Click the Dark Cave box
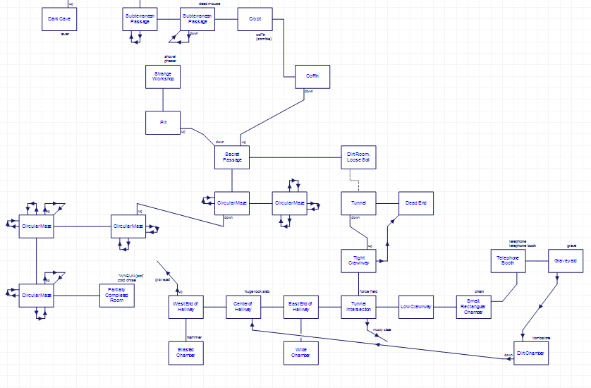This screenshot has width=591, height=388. coord(59,19)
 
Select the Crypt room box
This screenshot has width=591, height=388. coord(255,19)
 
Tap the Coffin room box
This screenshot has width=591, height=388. coord(312,76)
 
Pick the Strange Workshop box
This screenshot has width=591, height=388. coord(163,76)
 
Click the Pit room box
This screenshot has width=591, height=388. coord(163,123)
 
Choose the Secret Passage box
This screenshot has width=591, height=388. coord(233,157)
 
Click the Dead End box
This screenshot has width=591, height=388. coord(416,203)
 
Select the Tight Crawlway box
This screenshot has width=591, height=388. coord(358,260)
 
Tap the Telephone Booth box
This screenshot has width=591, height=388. coord(508,260)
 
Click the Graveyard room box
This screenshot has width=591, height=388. coord(566,260)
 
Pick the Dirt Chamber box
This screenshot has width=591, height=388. coord(531,353)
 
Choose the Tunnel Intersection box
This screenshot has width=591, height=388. coord(358,306)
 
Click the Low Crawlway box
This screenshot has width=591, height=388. coord(416,306)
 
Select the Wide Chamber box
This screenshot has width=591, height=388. coord(301,353)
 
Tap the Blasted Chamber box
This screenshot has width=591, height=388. coord(186,353)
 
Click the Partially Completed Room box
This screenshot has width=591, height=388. coord(117,295)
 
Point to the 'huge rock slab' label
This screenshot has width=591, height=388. coord(257,291)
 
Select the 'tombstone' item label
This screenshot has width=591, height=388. coord(541,337)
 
